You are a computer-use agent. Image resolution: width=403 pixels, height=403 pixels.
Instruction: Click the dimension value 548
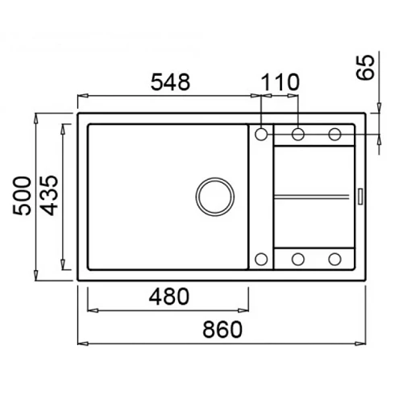click(170, 82)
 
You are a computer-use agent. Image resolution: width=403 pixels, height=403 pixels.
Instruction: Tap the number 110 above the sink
click(280, 82)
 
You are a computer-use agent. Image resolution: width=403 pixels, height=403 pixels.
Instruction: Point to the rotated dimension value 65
click(365, 67)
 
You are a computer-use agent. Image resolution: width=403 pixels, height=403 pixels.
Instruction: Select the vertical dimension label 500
click(22, 196)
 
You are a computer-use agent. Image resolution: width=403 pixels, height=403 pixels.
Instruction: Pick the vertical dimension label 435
click(49, 196)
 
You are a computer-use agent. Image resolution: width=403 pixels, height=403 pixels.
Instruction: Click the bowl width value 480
click(169, 297)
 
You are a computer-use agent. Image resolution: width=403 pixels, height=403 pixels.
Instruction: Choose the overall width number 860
click(222, 330)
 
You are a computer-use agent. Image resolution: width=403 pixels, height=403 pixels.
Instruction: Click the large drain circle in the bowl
click(215, 197)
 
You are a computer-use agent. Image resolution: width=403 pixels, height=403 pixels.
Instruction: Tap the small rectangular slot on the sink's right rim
click(360, 197)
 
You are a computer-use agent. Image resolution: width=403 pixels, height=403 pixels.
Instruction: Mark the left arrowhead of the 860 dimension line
click(83, 343)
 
